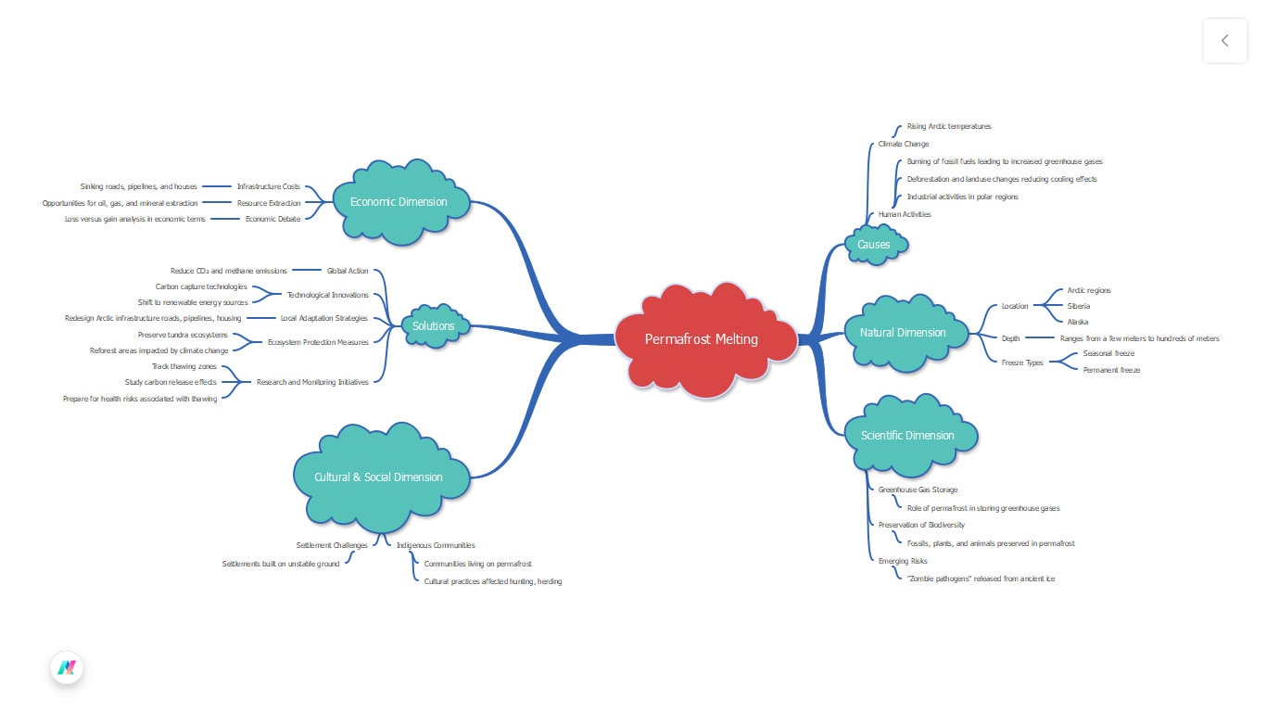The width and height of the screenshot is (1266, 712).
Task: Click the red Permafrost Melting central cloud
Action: (x=702, y=339)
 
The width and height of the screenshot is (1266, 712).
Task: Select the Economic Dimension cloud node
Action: (x=399, y=202)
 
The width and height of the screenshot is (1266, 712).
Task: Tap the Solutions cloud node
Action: (x=434, y=326)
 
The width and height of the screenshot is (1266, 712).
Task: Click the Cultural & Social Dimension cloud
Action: (x=378, y=477)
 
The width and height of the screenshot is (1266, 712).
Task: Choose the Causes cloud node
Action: (x=873, y=245)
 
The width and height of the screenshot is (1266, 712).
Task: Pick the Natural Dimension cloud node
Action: (x=903, y=333)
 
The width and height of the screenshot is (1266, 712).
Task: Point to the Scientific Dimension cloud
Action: (x=906, y=436)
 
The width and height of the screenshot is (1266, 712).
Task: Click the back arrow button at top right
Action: (x=1224, y=41)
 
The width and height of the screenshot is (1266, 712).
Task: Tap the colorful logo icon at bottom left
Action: (x=67, y=667)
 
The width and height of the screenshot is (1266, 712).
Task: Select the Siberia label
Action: (x=1078, y=306)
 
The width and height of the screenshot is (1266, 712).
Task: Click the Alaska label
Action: (x=1077, y=322)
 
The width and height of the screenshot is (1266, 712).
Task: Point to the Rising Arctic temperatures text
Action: (x=948, y=126)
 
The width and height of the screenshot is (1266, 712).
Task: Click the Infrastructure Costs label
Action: (x=268, y=186)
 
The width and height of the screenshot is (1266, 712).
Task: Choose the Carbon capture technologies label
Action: (x=201, y=286)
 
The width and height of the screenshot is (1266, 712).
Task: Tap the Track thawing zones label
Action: (x=184, y=366)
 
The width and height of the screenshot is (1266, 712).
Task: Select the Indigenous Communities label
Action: (x=435, y=545)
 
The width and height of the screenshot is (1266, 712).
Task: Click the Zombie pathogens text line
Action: (x=981, y=578)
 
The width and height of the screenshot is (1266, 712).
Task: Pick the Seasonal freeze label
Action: (x=1108, y=353)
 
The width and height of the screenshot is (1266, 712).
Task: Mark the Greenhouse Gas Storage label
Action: (x=918, y=489)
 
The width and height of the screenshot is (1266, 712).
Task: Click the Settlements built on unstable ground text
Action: (x=281, y=564)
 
